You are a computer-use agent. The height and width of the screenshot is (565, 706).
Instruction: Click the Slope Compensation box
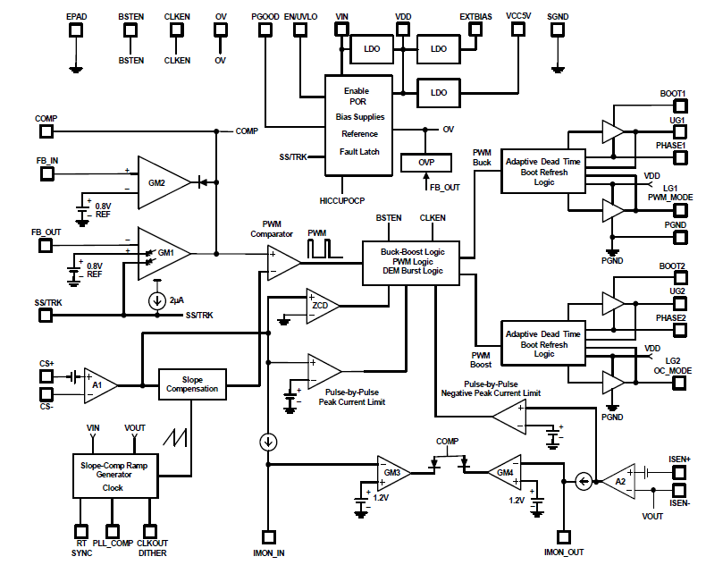[193, 384]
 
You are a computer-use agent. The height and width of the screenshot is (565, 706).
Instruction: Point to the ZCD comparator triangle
[320, 305]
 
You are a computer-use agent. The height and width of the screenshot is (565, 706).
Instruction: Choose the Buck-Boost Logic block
[410, 260]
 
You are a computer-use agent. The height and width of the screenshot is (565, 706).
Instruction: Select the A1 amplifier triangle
[99, 384]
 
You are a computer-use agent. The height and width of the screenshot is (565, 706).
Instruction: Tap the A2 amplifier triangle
[619, 481]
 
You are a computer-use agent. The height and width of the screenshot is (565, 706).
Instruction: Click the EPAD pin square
[77, 29]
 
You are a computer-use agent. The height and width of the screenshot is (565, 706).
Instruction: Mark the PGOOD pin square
[265, 29]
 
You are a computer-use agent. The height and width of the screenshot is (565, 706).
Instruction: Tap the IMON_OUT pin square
[564, 536]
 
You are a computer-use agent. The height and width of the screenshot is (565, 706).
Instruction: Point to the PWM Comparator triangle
[284, 260]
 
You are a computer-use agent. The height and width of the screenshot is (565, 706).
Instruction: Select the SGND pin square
[557, 29]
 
